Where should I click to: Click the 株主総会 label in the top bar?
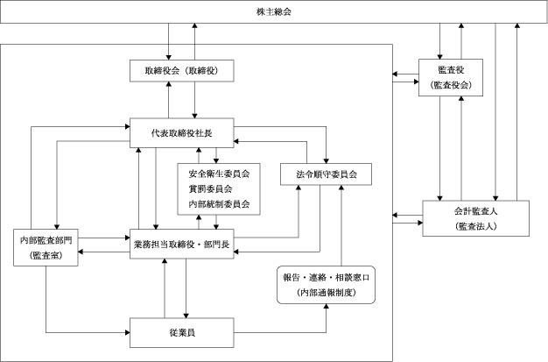click(x=274, y=12)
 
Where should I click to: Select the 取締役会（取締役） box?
click(x=182, y=71)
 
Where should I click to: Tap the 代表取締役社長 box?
click(x=182, y=132)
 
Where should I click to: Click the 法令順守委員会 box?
click(x=326, y=174)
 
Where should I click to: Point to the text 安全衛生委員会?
click(x=219, y=174)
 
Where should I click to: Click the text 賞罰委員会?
click(x=210, y=189)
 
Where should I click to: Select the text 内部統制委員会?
click(x=219, y=204)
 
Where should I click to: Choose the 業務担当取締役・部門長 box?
click(x=182, y=244)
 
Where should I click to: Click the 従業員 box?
click(x=182, y=332)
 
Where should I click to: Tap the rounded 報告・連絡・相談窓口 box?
click(x=326, y=285)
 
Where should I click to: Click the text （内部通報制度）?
click(x=326, y=293)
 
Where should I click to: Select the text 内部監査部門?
click(x=46, y=240)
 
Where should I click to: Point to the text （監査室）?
click(x=46, y=256)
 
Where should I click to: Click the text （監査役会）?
click(x=451, y=85)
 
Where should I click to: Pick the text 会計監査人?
click(x=475, y=211)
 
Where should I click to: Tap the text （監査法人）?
click(x=475, y=226)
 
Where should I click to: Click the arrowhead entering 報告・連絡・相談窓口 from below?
click(x=326, y=306)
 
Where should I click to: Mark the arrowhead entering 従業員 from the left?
click(x=128, y=332)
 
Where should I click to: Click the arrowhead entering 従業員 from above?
click(x=186, y=316)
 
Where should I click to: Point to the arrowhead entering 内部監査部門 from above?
click(x=57, y=227)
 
